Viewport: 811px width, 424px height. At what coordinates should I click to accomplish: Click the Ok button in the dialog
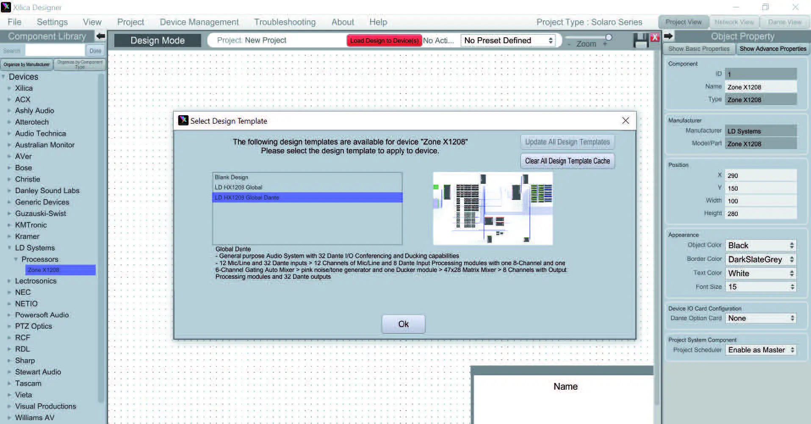[403, 324]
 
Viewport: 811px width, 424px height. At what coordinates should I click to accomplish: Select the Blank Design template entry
[231, 177]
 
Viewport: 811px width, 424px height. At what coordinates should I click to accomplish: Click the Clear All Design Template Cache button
[567, 161]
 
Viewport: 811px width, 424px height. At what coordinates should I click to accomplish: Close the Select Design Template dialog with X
[626, 121]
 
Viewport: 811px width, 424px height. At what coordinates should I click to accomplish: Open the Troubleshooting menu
[285, 22]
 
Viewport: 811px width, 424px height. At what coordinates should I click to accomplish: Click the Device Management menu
[199, 22]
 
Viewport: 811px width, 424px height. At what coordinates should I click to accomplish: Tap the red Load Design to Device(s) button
[384, 41]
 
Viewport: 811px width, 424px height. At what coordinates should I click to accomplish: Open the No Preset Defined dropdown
[508, 41]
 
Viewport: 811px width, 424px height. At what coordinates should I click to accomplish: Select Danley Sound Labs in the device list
[47, 191]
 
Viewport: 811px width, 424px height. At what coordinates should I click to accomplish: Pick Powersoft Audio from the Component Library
[42, 315]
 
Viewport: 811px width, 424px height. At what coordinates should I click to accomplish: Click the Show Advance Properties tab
[772, 49]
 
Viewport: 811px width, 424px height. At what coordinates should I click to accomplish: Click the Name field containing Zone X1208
[760, 87]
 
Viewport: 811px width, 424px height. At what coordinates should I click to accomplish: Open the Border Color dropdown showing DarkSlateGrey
[761, 259]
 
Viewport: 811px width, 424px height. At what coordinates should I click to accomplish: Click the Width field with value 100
[760, 201]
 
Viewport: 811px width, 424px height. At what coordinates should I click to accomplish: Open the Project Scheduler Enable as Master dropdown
[761, 350]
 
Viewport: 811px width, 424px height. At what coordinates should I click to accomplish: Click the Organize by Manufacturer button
[27, 64]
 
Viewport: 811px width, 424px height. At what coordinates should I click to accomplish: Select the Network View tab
[734, 22]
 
